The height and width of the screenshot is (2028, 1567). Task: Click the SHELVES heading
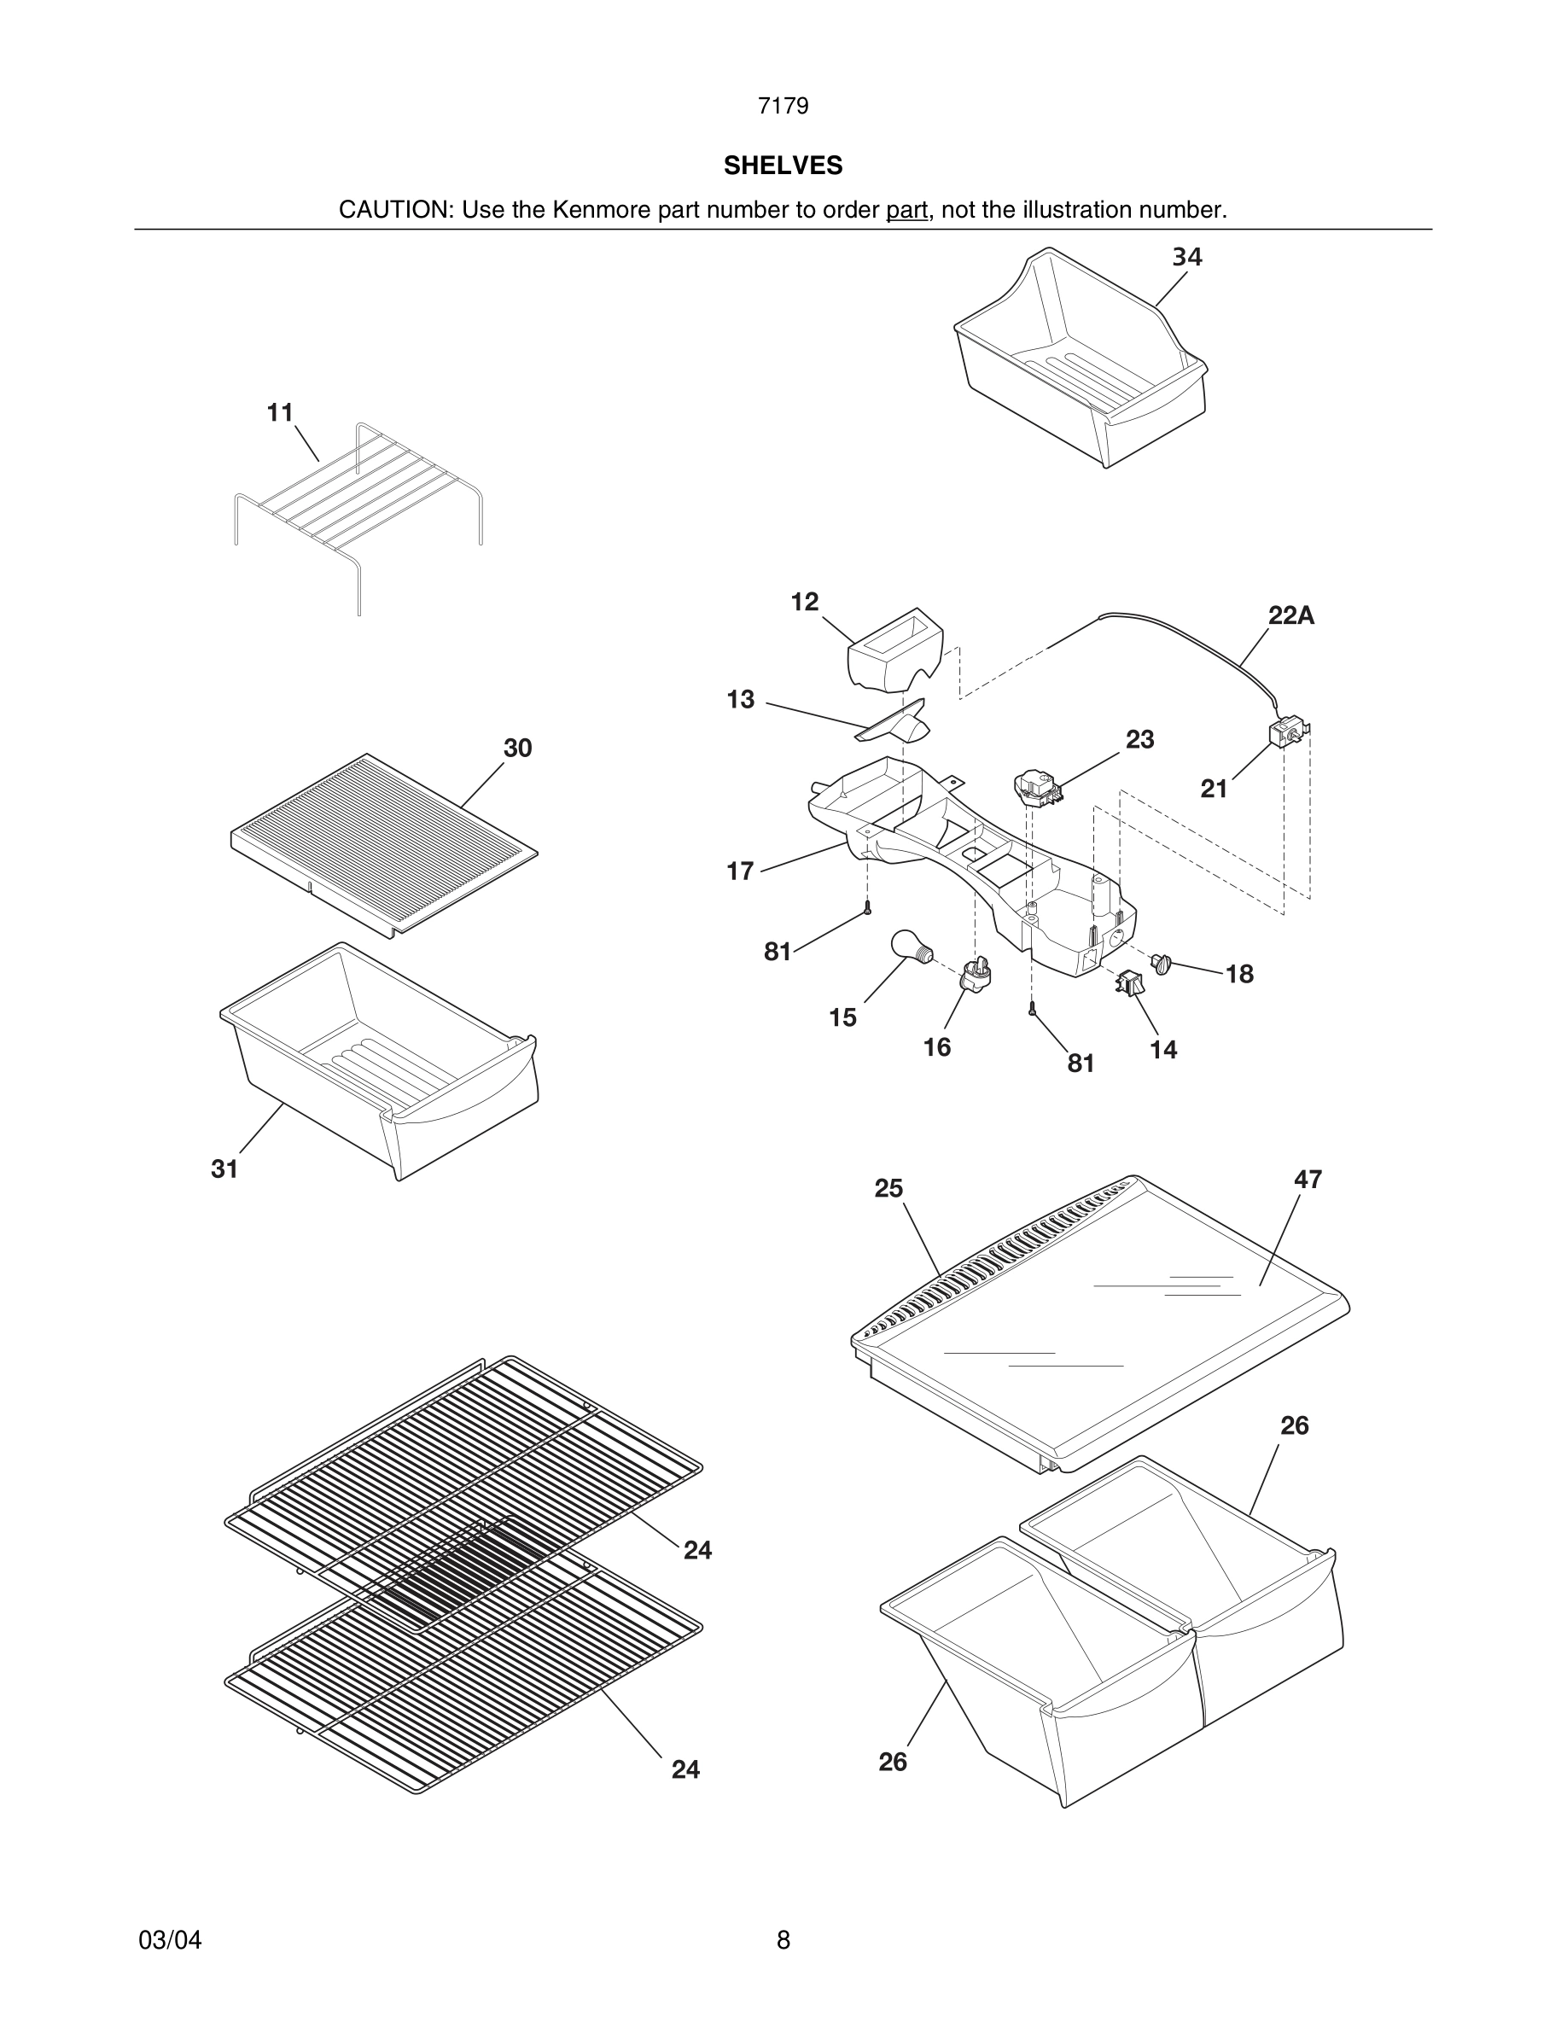pos(783,166)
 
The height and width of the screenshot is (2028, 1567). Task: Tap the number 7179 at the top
pos(783,106)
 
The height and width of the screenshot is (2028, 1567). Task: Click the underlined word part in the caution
pos(906,210)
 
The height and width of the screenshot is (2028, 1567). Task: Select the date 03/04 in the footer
pos(170,1940)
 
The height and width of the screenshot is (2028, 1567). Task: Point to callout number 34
pos(1186,257)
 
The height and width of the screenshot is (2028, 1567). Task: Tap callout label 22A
pos(1290,615)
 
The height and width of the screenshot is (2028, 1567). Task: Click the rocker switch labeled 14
pos(1130,982)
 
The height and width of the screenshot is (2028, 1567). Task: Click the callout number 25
pos(888,1189)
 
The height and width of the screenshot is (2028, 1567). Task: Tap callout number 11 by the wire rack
pos(280,412)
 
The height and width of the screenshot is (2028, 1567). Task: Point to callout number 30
pos(517,749)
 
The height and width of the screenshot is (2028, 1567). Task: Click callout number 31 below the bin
pos(224,1169)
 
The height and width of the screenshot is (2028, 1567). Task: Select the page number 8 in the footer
pos(783,1940)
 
